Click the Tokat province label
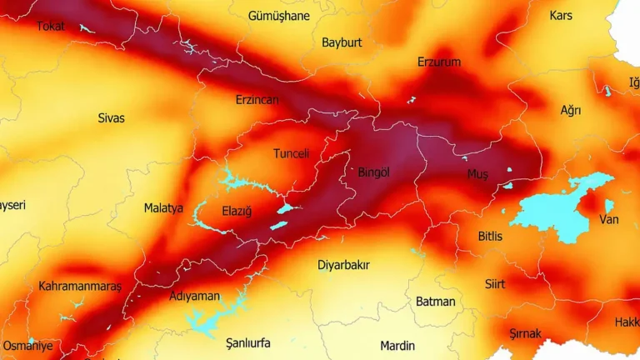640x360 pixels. [x=51, y=27]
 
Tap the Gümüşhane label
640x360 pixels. [x=279, y=16]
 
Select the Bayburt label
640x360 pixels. [x=342, y=42]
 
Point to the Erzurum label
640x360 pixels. [x=439, y=62]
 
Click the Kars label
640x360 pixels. [x=561, y=15]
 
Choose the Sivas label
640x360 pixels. [x=111, y=118]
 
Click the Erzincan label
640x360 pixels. [x=257, y=100]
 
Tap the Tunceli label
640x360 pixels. [x=292, y=153]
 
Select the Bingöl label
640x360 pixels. [x=373, y=172]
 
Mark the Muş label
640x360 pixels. [x=477, y=173]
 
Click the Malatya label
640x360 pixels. [x=163, y=208]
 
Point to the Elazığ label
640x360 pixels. [x=237, y=211]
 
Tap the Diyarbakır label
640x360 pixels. [x=343, y=265]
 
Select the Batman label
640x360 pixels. [x=436, y=302]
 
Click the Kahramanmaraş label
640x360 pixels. [x=80, y=287]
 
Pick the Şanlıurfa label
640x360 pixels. [x=248, y=342]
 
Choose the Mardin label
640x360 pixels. [x=397, y=346]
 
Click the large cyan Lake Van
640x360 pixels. [x=554, y=208]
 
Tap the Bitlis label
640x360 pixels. [x=490, y=237]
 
